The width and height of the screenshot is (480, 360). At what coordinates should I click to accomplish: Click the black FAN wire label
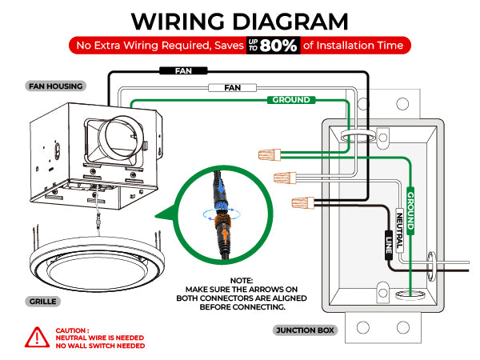pyautogui.click(x=183, y=70)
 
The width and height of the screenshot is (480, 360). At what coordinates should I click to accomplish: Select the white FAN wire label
pyautogui.click(x=233, y=86)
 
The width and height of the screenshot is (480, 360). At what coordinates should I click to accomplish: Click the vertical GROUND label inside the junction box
pyautogui.click(x=410, y=210)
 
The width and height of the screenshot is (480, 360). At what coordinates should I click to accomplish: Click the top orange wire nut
pyautogui.click(x=271, y=152)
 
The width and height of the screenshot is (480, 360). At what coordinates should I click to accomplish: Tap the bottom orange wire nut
pyautogui.click(x=302, y=202)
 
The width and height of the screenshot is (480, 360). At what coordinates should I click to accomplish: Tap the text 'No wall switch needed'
pyautogui.click(x=100, y=346)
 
